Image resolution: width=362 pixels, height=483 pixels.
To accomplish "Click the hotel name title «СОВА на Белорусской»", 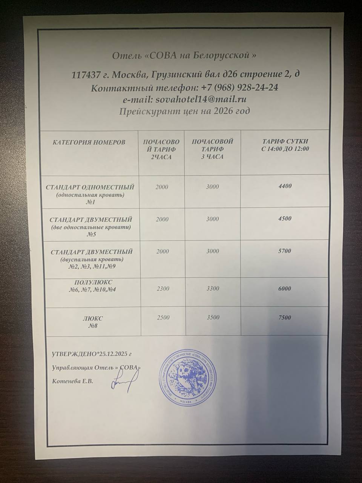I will [184, 55].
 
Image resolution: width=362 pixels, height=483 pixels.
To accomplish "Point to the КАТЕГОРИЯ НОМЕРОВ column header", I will [89, 143].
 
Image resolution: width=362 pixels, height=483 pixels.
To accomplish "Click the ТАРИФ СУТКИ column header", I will [285, 145].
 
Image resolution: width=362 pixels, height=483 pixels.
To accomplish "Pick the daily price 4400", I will [285, 186].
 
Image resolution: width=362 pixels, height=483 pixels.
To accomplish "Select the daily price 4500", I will [285, 218].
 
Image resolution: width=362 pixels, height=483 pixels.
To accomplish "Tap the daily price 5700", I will [285, 251].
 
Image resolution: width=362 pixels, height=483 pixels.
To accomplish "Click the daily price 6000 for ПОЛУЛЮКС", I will [285, 288].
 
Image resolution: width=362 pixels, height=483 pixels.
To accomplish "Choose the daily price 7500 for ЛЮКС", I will [285, 317].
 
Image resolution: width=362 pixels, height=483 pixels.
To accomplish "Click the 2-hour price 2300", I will [163, 289].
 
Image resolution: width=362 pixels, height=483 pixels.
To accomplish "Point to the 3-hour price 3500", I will [213, 317].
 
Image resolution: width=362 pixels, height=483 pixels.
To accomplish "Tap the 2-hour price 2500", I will [163, 318].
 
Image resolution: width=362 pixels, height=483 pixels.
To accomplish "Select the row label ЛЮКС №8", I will [92, 322].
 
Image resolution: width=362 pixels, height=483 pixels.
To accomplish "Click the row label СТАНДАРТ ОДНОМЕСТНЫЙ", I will [90, 187].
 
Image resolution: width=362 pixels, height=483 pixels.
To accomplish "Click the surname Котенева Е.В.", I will [72, 381].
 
